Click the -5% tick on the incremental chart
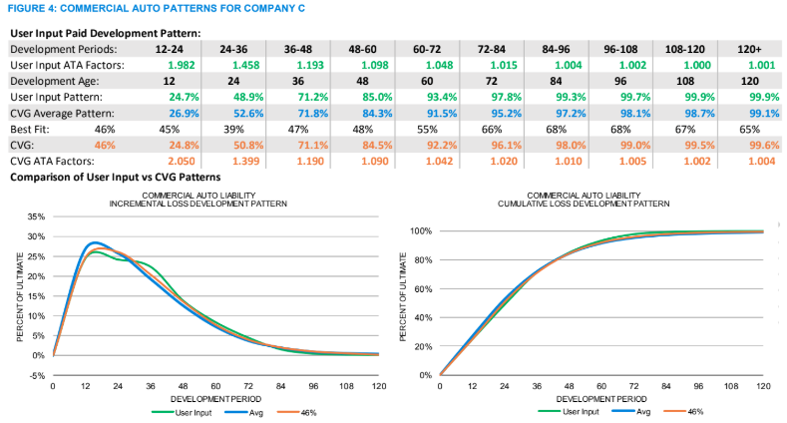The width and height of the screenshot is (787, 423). [35, 375]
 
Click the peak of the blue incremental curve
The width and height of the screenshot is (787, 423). [95, 242]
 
